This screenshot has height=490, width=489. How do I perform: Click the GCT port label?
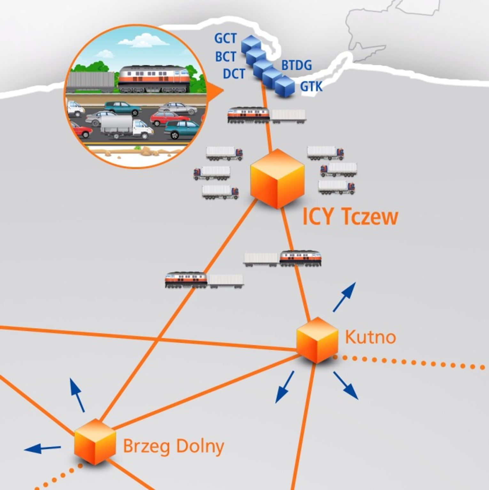click(225, 38)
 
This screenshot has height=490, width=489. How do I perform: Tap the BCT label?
click(225, 57)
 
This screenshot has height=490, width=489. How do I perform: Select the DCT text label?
click(234, 74)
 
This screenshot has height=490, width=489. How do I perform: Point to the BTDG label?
click(296, 65)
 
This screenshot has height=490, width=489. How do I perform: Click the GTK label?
click(311, 86)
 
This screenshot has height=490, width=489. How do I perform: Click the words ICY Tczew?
click(350, 217)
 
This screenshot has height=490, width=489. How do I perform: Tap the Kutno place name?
click(370, 337)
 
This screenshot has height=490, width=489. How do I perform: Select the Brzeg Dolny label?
click(174, 446)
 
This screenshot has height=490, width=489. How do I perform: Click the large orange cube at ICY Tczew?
click(277, 179)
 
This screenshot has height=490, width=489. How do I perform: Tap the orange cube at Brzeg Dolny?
click(95, 441)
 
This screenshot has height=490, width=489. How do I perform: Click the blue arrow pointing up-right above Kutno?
click(344, 297)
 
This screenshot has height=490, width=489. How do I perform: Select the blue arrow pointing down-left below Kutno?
click(284, 387)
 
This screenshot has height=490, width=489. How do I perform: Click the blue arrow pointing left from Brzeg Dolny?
click(42, 448)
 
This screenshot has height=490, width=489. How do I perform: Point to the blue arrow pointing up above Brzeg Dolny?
click(77, 395)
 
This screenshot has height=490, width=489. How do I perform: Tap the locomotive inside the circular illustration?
click(153, 80)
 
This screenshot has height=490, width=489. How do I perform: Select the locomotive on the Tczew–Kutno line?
click(300, 258)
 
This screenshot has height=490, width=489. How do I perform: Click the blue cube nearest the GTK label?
click(285, 86)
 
